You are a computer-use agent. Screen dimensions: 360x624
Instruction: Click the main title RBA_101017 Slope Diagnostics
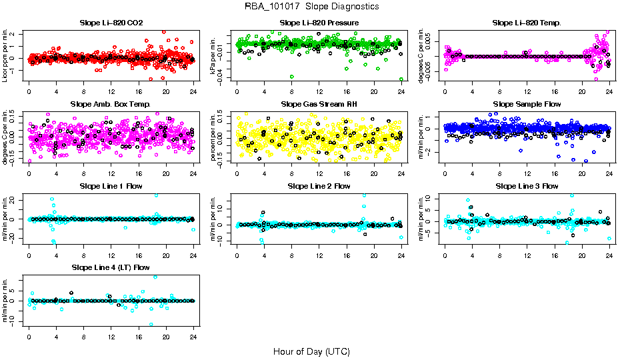[x=311, y=6]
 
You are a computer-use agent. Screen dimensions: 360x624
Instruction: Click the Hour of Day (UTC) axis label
[x=311, y=351]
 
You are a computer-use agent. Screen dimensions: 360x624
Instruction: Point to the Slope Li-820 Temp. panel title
[x=527, y=23]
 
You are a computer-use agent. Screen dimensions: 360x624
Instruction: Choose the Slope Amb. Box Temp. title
[x=111, y=105]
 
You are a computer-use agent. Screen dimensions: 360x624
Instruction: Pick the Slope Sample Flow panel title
[x=527, y=105]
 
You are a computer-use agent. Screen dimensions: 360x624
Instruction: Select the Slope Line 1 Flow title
[x=111, y=186]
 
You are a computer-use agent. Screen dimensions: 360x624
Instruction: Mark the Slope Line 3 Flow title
[x=527, y=186]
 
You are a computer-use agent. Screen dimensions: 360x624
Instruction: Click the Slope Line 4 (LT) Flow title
[x=111, y=268]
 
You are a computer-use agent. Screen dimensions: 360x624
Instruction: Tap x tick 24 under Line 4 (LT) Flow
[x=193, y=336]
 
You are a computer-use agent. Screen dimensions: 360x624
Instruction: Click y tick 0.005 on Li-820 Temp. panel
[x=430, y=41]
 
